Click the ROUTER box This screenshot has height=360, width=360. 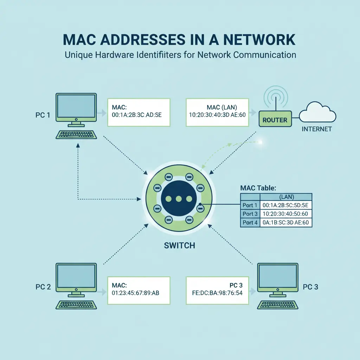coord(275,120)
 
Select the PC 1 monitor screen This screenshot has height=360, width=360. coord(76,106)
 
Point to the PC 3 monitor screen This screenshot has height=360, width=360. coord(277,276)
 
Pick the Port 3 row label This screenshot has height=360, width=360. coord(250,214)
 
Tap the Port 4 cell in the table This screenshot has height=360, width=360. coord(250,222)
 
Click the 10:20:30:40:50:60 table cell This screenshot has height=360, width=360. coord(285,214)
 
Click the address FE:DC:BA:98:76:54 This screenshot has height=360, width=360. coord(216,292)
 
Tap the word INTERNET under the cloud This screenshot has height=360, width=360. coord(316,129)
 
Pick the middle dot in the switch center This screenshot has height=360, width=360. coord(178,199)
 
